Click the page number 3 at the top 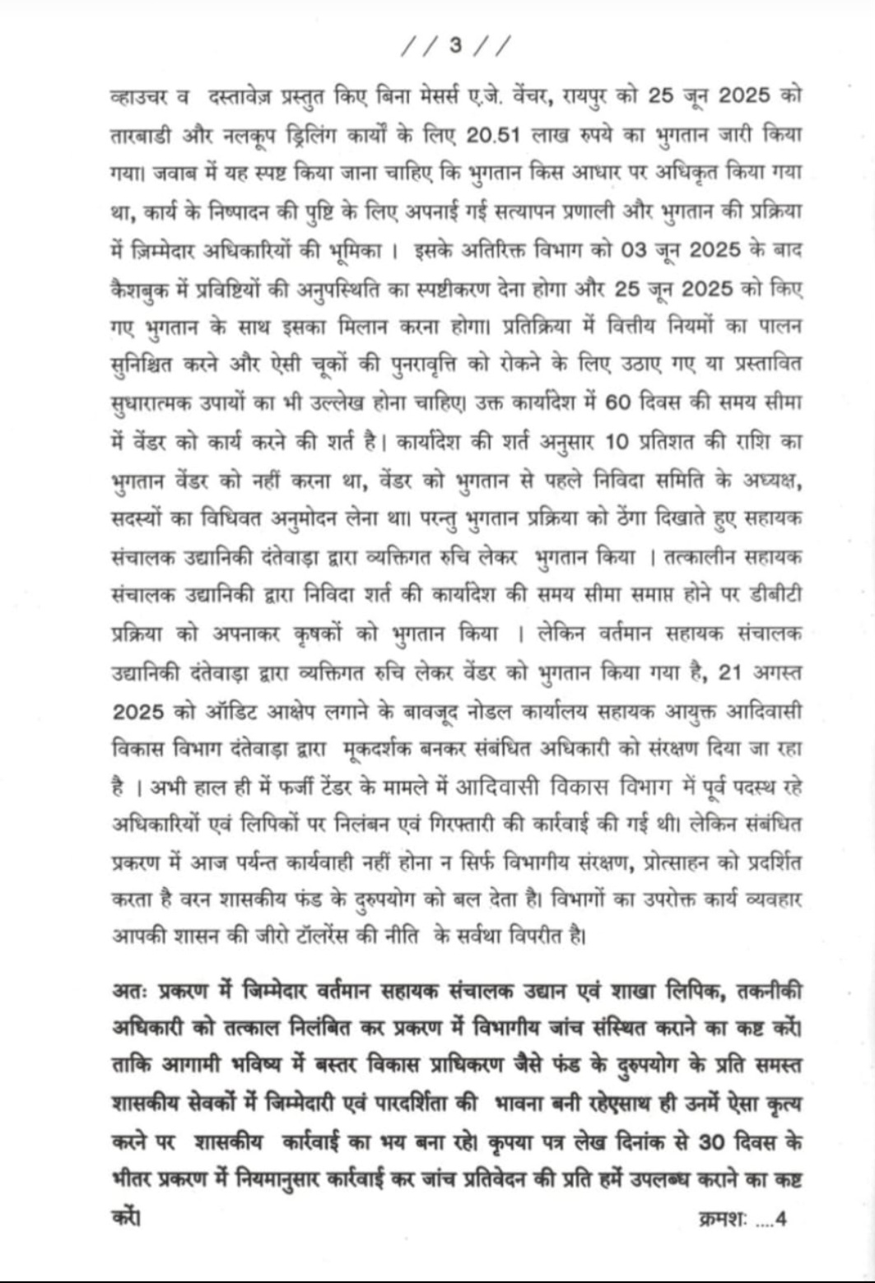coord(454,44)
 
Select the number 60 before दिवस coord(617,402)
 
